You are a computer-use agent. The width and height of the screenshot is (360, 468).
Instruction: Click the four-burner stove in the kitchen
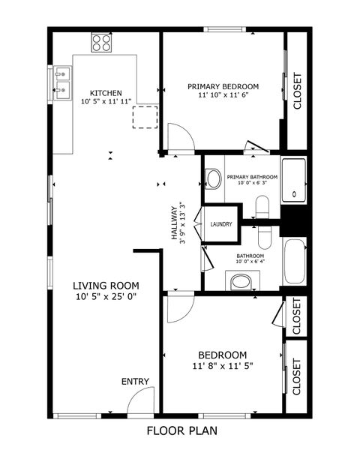101,43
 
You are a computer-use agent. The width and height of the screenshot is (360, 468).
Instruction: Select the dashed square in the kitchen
145,116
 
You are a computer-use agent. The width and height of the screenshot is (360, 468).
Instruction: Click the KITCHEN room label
106,92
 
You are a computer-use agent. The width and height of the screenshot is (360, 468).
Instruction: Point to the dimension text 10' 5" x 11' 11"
106,101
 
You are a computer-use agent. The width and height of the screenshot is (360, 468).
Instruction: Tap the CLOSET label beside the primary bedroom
297,91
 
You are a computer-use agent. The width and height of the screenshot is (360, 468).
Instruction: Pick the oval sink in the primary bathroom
214,179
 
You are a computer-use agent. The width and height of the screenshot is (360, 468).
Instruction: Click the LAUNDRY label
220,224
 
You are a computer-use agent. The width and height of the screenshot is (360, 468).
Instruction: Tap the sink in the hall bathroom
241,281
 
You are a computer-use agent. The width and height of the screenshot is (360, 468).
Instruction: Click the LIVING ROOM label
106,285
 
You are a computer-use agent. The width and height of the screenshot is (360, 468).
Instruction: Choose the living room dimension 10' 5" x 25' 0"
106,296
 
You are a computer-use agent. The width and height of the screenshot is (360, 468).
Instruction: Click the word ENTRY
135,382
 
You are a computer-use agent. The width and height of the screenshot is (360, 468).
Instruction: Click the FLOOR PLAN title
181,431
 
